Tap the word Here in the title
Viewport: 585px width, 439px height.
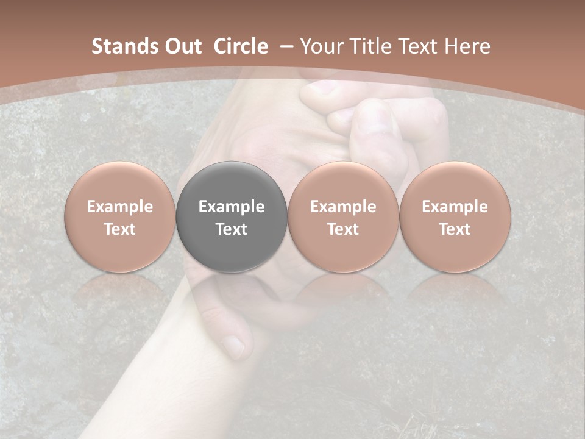468,46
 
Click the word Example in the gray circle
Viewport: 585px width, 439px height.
232,207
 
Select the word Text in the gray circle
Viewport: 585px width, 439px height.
232,229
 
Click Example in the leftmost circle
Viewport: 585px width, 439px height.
120,207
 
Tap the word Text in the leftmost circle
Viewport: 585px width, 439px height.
120,229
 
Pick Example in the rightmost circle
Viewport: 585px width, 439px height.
455,207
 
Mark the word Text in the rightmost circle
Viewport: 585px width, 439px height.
455,229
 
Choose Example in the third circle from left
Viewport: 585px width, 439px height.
343,207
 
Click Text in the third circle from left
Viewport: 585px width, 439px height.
343,229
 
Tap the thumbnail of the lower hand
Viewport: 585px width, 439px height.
232,345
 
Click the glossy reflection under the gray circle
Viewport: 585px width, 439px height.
232,287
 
